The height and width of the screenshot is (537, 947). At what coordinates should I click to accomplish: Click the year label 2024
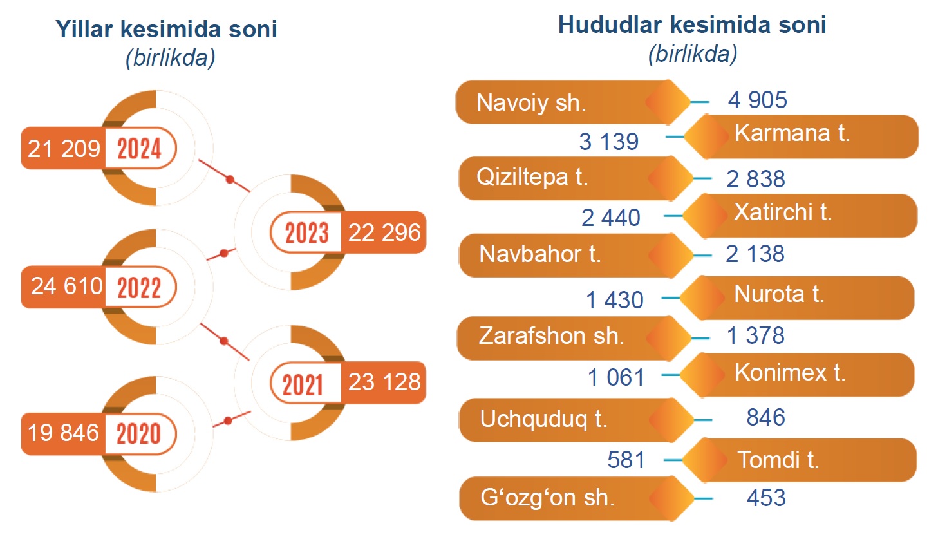coord(139,148)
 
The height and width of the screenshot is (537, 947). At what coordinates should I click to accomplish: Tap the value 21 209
coord(64,149)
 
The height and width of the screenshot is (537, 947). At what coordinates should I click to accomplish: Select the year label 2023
coord(306,233)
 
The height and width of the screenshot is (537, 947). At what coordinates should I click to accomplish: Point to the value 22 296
coord(384,232)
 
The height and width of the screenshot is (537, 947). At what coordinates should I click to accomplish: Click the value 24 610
coord(67,287)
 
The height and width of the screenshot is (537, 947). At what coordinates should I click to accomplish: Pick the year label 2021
coord(303,385)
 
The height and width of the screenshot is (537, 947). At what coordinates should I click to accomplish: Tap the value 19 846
coord(64,433)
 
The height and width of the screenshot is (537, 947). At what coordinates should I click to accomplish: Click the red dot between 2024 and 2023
coord(230,180)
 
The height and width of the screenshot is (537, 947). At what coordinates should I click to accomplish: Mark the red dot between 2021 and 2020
coord(229,420)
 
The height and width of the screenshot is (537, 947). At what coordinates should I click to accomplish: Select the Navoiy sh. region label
coord(531,103)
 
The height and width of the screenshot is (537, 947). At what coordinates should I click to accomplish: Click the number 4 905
coord(758,100)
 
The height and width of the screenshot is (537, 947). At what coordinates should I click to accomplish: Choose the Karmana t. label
coord(792,133)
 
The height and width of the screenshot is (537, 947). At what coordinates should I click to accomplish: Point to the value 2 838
coord(756,179)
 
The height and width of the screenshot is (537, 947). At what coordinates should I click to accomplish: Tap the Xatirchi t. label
coord(783,212)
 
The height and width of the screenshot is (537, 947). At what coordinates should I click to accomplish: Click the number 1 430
coord(615,300)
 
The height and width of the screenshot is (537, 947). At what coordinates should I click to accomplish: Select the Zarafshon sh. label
coord(551,336)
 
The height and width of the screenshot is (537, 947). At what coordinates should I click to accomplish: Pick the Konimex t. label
coord(790,373)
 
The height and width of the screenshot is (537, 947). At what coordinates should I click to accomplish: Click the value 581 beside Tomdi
coord(626,460)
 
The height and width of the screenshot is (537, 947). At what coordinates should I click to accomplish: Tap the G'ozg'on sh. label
coord(547,498)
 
